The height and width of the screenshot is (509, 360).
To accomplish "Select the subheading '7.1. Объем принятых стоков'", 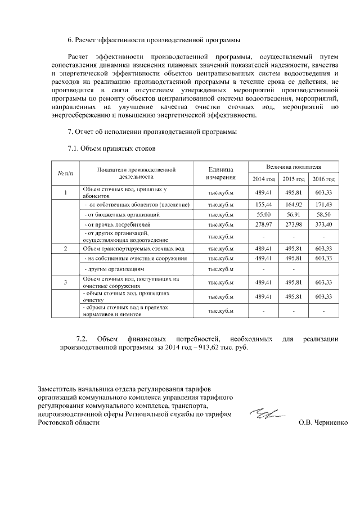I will [110, 149].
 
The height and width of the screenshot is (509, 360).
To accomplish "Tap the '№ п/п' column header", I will [65, 173].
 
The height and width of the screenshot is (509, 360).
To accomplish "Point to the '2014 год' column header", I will [263, 179].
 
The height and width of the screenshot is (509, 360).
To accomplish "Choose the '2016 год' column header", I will [323, 179].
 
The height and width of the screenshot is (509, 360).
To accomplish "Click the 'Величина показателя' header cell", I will [293, 167].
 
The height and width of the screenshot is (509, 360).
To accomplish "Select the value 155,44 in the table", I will [263, 204].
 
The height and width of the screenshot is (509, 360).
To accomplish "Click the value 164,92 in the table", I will [294, 204].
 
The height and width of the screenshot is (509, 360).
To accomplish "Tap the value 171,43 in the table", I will [323, 204].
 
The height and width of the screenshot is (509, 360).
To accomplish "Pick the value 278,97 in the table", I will [263, 225].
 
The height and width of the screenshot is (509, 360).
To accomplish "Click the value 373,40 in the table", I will [323, 225].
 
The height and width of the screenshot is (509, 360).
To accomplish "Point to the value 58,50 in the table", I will [323, 215].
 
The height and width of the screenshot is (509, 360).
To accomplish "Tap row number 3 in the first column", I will [65, 282].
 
